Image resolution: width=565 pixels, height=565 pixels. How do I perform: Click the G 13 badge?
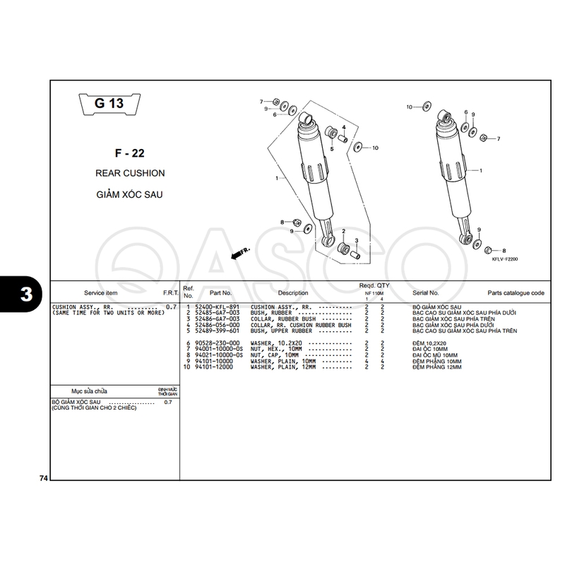coord(108,104)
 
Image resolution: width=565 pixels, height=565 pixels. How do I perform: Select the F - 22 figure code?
coord(129,153)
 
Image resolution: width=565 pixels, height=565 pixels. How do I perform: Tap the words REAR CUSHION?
coord(130,173)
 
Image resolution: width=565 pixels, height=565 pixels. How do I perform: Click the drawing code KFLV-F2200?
coord(505,259)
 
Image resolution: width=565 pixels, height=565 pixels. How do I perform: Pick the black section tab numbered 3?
coord(25,295)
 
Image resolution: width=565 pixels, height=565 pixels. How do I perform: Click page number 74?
coord(44,480)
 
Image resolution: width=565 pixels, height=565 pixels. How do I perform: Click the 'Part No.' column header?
coord(220,292)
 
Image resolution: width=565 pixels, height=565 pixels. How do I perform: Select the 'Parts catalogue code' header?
coord(516,292)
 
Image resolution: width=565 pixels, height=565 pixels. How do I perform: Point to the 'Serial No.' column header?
coord(426,292)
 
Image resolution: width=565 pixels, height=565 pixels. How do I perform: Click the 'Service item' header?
coord(101,292)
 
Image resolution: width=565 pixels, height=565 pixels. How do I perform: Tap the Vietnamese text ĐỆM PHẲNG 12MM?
coord(436,367)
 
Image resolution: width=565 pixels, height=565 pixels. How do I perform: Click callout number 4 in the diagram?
coord(344,128)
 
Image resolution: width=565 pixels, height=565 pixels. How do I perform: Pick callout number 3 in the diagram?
coord(357,241)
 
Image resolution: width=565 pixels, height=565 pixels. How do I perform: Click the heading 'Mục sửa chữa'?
coord(88,391)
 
